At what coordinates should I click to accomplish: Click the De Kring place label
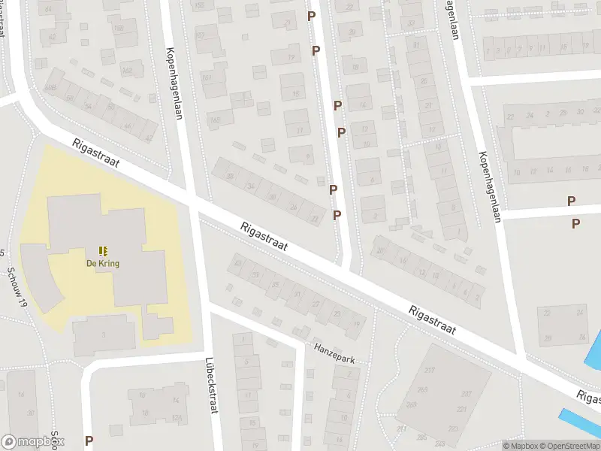(x=102, y=264)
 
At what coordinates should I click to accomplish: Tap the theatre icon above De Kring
(x=102, y=251)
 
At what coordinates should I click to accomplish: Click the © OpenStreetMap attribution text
(x=566, y=446)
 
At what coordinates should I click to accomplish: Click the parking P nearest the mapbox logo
(x=89, y=441)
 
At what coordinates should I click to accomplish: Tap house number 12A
(x=177, y=417)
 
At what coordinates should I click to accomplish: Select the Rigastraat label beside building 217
(x=433, y=319)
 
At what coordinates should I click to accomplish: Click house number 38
(x=229, y=176)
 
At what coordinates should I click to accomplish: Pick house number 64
(x=49, y=9)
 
